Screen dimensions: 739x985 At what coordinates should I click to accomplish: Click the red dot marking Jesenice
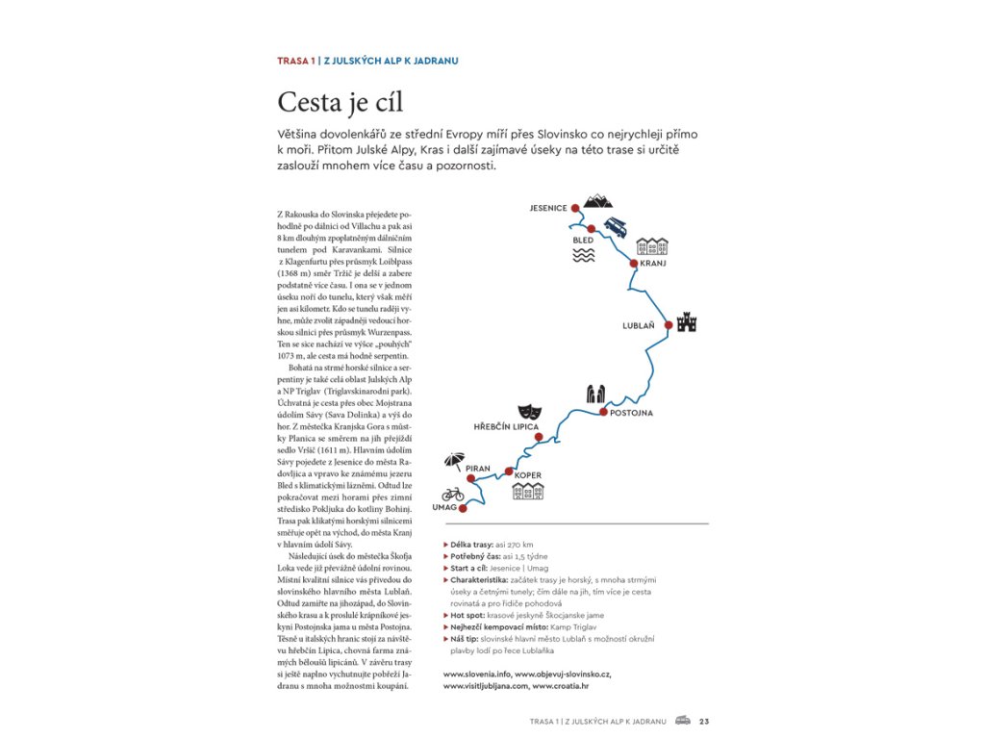[574, 207]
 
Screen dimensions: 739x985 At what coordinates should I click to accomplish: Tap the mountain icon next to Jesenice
[598, 200]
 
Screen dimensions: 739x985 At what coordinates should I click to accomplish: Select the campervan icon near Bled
[616, 228]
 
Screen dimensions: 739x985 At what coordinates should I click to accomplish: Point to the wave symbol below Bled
[583, 254]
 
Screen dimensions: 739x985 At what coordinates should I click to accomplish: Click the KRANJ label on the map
[653, 263]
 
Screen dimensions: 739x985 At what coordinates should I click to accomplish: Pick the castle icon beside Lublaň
[686, 322]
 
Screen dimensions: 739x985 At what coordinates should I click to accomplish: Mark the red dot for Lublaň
[668, 325]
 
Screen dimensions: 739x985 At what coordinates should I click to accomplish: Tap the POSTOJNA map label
[632, 413]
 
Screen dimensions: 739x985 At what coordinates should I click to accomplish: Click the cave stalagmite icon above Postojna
[596, 394]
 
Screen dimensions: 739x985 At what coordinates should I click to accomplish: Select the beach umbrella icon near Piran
[455, 460]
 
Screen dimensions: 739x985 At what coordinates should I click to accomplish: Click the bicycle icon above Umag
[453, 494]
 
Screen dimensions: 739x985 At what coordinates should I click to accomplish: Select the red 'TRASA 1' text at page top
[295, 61]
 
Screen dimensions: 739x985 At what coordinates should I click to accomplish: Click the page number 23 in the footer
[704, 721]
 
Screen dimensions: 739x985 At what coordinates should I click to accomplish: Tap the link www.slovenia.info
[476, 675]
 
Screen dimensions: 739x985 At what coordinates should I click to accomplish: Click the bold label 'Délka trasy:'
[472, 545]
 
